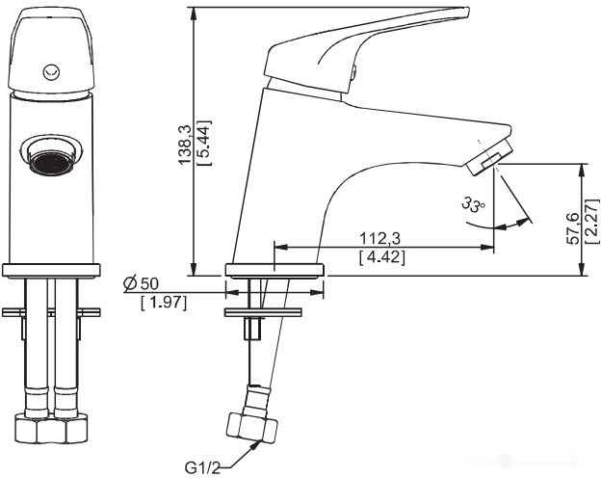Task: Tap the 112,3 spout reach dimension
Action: click(x=380, y=238)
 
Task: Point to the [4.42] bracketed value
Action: click(x=380, y=257)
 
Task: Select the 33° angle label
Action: click(x=472, y=205)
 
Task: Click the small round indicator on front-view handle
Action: click(x=52, y=69)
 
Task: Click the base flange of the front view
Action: click(x=52, y=270)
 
